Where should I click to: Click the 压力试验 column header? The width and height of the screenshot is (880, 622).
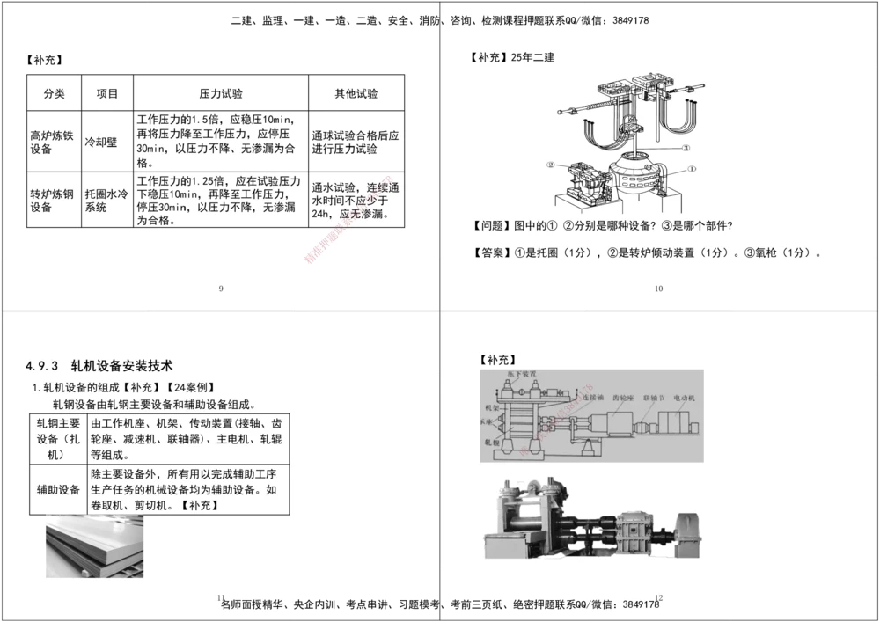pyautogui.click(x=221, y=93)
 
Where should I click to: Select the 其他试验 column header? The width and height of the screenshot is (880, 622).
pyautogui.click(x=356, y=93)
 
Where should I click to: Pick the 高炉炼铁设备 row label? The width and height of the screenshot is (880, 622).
pyautogui.click(x=53, y=143)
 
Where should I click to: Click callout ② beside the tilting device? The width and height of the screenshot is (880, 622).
pyautogui.click(x=551, y=164)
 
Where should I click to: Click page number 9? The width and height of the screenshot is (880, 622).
pyautogui.click(x=220, y=289)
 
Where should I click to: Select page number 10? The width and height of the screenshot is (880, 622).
pyautogui.click(x=658, y=289)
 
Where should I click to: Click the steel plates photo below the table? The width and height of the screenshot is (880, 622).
pyautogui.click(x=94, y=548)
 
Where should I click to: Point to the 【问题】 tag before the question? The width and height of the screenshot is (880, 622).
pyautogui.click(x=491, y=225)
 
